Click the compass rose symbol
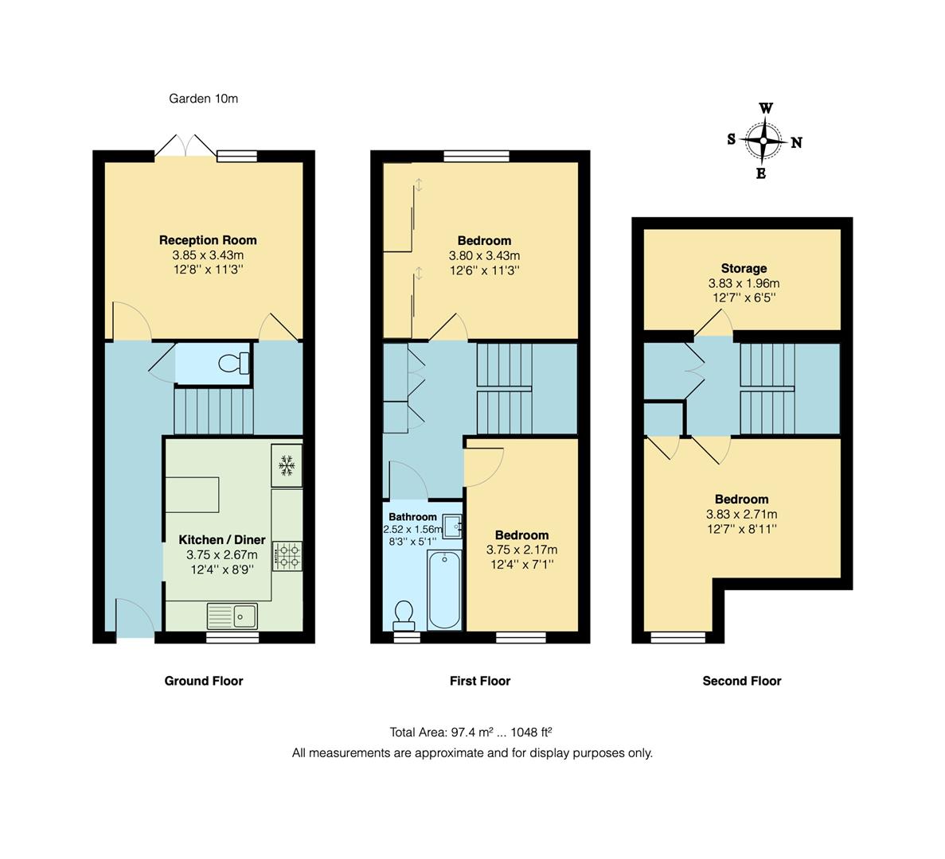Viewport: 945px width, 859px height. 763,141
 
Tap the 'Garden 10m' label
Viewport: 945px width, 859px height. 203,99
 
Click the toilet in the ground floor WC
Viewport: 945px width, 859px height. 232,363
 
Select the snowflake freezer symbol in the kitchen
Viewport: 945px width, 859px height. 286,464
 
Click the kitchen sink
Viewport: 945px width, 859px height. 232,615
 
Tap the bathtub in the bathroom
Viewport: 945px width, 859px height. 443,589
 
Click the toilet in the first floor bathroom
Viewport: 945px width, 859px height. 404,613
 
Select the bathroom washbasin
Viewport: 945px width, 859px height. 452,526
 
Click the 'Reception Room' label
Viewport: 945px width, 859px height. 208,239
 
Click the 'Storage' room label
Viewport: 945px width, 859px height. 744,268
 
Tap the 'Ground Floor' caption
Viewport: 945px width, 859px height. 204,681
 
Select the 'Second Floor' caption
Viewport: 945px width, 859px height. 742,681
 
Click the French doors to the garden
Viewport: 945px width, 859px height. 185,147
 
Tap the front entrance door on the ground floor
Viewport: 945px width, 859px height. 135,620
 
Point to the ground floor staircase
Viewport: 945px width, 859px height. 213,410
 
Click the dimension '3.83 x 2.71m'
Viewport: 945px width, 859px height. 742,514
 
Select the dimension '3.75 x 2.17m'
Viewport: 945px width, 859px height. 521,550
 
